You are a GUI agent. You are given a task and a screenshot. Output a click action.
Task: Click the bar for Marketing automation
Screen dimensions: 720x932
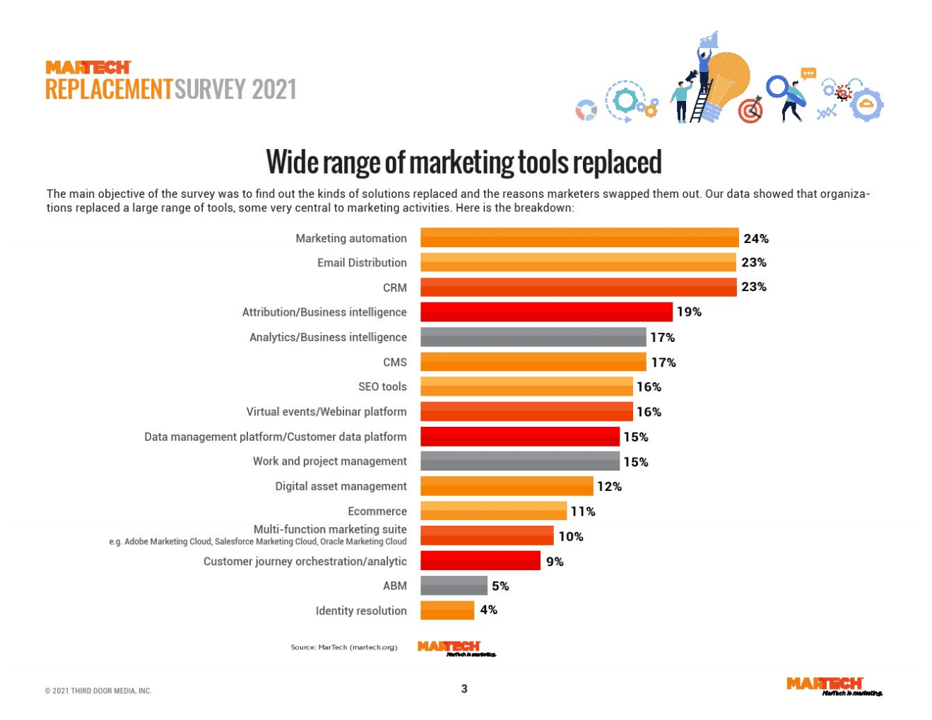click(579, 238)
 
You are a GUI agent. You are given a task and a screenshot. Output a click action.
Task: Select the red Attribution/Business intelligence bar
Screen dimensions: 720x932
click(546, 312)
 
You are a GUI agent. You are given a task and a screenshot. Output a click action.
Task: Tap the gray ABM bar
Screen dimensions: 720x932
click(454, 586)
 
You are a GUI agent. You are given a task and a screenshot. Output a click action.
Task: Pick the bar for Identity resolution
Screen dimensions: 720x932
click(447, 610)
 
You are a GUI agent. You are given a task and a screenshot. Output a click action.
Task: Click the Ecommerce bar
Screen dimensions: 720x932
click(493, 511)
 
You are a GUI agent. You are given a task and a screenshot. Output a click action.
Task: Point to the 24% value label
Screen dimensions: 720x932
click(756, 239)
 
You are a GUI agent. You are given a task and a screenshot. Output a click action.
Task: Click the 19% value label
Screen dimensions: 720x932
click(689, 312)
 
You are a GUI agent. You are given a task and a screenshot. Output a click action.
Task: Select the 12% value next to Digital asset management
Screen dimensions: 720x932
click(609, 486)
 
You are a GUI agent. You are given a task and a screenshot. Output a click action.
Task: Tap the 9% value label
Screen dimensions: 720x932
click(555, 562)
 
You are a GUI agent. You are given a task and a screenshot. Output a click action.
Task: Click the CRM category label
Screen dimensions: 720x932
click(395, 288)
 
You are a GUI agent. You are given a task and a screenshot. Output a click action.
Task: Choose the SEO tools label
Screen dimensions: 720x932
click(382, 386)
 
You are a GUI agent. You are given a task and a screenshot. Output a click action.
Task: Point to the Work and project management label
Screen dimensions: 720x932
click(330, 461)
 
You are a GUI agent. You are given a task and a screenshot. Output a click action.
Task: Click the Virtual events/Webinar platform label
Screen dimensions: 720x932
click(326, 411)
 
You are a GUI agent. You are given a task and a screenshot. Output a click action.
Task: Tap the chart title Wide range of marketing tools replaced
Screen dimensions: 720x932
click(464, 162)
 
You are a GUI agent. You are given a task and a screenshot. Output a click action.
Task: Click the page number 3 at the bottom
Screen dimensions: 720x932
click(464, 689)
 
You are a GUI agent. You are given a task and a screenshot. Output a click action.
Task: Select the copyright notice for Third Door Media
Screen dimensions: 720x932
click(98, 691)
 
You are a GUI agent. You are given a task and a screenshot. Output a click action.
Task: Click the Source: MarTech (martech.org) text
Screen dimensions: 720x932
click(344, 647)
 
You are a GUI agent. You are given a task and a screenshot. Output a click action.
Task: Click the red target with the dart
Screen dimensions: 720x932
click(750, 110)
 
